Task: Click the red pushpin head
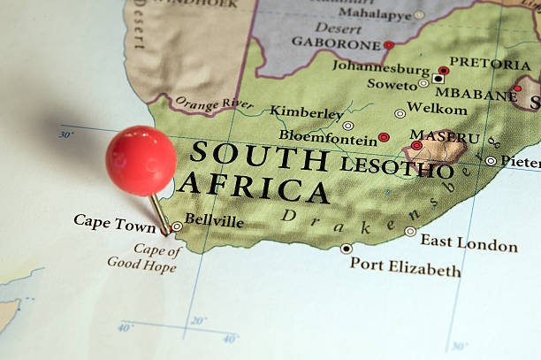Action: click(141, 160)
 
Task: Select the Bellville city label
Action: click(214, 221)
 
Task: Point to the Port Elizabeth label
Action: click(405, 266)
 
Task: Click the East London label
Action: click(469, 243)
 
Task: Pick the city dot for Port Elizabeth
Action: click(347, 249)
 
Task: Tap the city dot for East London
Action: click(410, 231)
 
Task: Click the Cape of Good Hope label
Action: click(144, 257)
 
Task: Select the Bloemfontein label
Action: click(328, 136)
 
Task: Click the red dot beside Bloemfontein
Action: click(384, 138)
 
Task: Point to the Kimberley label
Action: click(307, 112)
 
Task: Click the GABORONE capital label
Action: click(335, 42)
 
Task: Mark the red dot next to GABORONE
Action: click(388, 44)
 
